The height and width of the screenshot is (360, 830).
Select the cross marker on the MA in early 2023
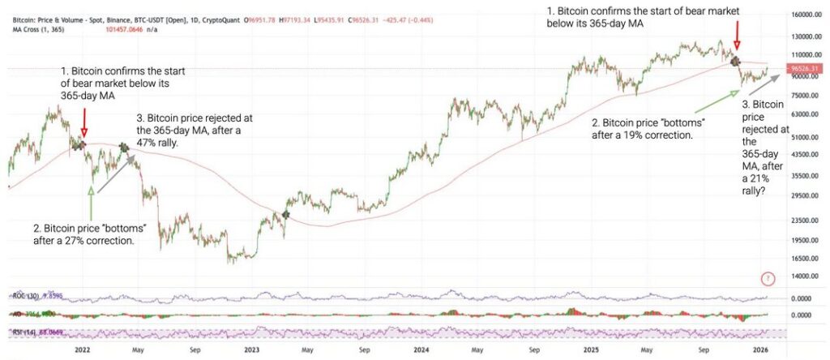(285, 214)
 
